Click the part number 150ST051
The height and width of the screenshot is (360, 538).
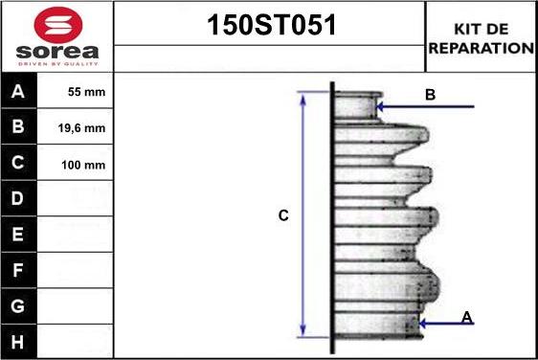pyautogui.click(x=272, y=25)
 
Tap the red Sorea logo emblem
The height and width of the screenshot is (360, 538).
pyautogui.click(x=58, y=24)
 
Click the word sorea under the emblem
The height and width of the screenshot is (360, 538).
pyautogui.click(x=57, y=52)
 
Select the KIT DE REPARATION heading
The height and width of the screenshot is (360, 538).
pyautogui.click(x=482, y=38)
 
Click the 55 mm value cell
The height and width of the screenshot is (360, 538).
pyautogui.click(x=86, y=92)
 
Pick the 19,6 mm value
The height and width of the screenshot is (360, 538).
pyautogui.click(x=81, y=128)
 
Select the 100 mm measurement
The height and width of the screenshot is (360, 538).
pyautogui.click(x=83, y=165)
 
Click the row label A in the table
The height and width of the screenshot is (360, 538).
pyautogui.click(x=18, y=91)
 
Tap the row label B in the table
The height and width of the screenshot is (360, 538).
pyautogui.click(x=18, y=126)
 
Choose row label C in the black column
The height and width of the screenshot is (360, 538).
pyautogui.click(x=18, y=163)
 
